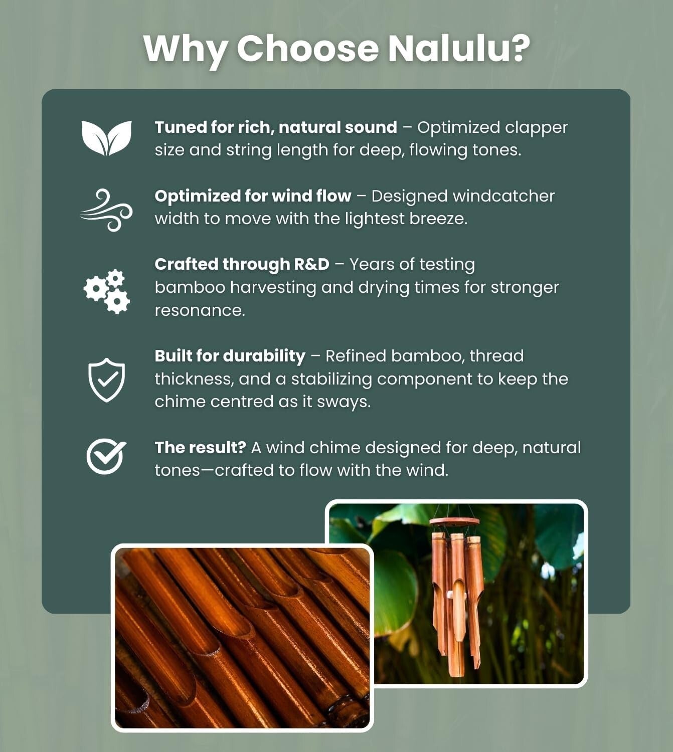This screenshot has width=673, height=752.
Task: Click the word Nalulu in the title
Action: (459, 49)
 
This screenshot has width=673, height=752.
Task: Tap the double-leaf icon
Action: (106, 138)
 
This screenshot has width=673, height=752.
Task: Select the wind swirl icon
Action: (106, 210)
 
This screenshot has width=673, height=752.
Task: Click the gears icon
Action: (106, 291)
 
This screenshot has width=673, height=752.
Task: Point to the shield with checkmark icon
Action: (106, 380)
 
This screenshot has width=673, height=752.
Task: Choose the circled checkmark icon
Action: (106, 456)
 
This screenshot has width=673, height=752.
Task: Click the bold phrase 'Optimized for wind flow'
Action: (253, 196)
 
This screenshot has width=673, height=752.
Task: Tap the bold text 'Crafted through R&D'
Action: (242, 264)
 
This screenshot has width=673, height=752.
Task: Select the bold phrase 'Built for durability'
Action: (230, 356)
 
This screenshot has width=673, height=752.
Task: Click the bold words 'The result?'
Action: (200, 448)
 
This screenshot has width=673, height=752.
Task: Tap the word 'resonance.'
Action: (200, 310)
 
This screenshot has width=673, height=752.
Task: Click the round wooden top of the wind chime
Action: (454, 522)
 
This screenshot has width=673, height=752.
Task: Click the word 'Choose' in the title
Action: (307, 49)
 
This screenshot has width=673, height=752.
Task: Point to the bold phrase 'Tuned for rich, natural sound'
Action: (276, 127)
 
